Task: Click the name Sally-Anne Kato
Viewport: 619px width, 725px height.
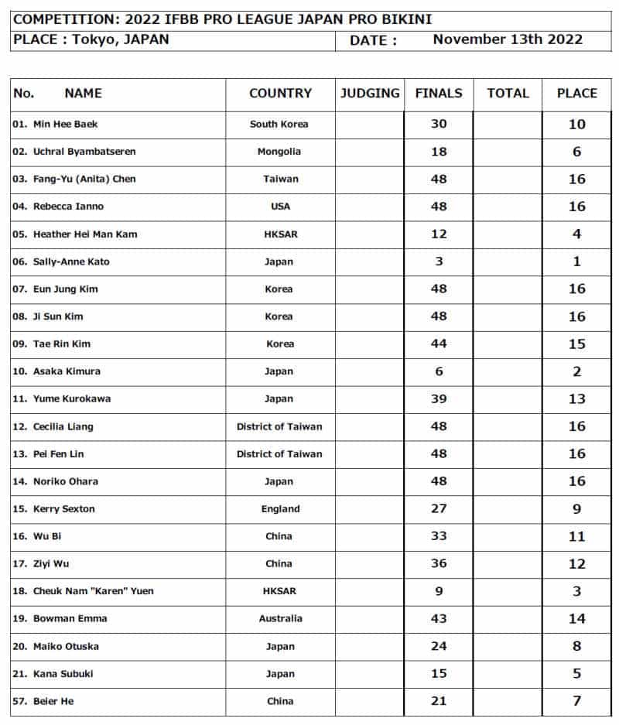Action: (71, 262)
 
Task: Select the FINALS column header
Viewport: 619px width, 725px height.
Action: (439, 94)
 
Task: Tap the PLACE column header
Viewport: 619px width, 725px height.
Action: (576, 94)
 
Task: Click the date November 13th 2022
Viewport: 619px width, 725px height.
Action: (508, 39)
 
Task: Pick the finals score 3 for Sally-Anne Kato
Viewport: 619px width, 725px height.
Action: (439, 262)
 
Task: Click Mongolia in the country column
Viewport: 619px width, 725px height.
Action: (279, 152)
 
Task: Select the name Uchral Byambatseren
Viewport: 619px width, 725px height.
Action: (84, 152)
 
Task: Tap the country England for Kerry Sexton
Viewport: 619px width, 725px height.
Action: (279, 509)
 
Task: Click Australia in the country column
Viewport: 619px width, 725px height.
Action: (279, 619)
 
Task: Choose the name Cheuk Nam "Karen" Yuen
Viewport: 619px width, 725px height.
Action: (93, 591)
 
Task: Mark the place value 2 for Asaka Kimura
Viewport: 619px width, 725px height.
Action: (576, 371)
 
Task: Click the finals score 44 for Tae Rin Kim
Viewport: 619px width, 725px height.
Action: (439, 344)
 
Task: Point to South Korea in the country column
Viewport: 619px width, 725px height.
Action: (279, 124)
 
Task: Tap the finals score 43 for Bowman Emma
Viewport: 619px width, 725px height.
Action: (439, 619)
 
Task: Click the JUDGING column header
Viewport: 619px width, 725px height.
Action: (370, 94)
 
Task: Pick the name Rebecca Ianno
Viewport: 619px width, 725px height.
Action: (68, 207)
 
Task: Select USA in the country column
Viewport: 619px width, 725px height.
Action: (279, 207)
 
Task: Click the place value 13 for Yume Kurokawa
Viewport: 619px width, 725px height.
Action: (576, 399)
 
